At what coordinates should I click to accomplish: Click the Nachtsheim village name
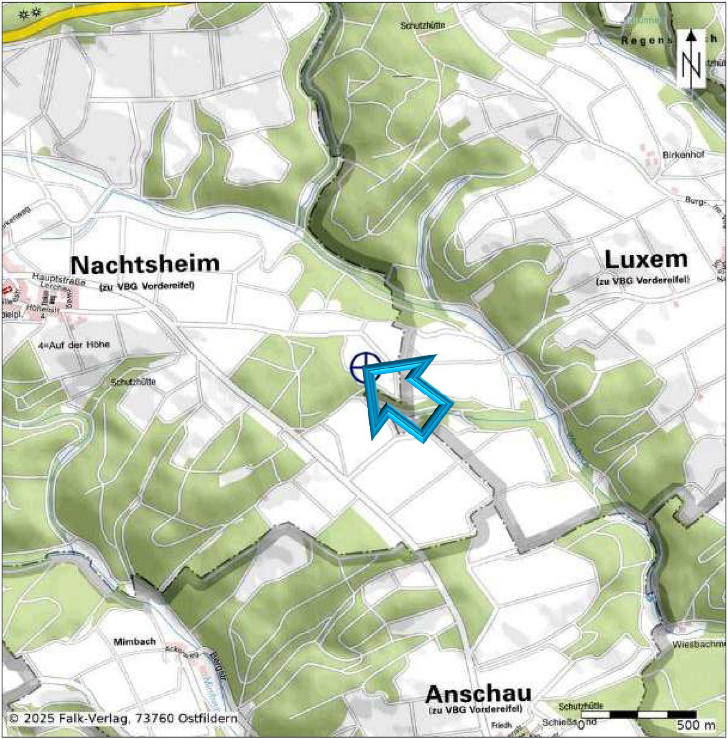coord(145,264)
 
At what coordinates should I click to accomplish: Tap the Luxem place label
coord(646,260)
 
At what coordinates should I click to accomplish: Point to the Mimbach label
coord(134,641)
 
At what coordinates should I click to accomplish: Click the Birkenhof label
coord(683,155)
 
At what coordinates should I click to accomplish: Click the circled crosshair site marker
coord(365,368)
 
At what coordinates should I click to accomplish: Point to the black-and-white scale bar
coord(638,714)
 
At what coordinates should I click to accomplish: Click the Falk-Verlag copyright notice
coord(123,718)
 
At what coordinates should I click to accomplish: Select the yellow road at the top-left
coord(81,18)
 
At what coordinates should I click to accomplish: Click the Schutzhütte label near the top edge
coord(422,25)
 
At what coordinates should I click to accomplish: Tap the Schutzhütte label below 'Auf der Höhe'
coord(133,382)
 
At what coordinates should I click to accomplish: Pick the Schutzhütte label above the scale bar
coord(581,706)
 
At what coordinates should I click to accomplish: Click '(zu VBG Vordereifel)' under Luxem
coord(642,281)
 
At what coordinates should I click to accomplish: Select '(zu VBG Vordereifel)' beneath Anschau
coord(475,708)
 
